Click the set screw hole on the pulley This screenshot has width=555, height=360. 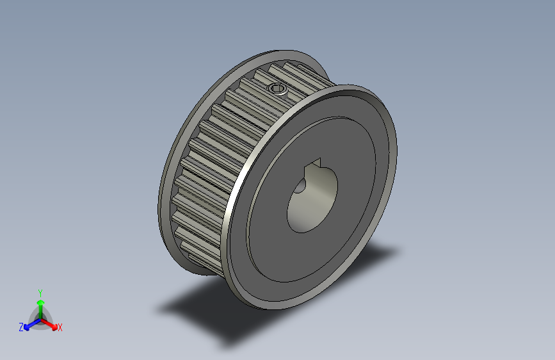(278, 88)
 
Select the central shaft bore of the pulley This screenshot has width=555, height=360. (311, 204)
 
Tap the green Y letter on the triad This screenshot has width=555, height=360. (40, 291)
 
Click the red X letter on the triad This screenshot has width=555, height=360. (60, 327)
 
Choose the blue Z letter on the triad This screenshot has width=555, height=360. (21, 327)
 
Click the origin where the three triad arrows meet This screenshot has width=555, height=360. (40, 318)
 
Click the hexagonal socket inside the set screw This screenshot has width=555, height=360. (278, 88)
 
